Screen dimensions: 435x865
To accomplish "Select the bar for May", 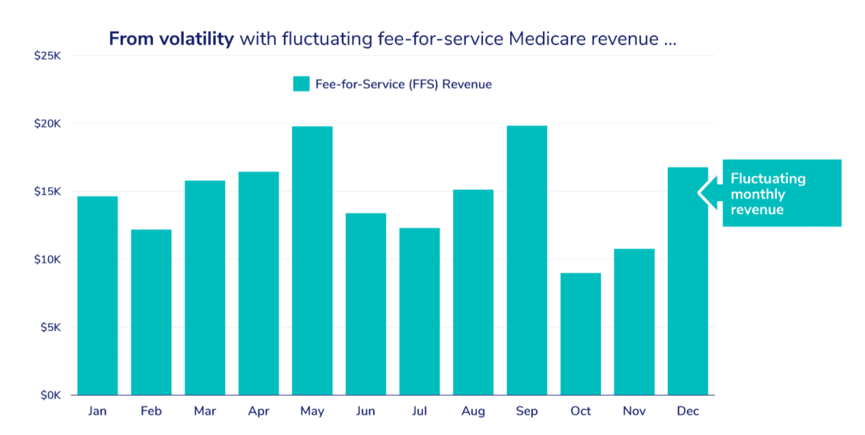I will click(x=312, y=260).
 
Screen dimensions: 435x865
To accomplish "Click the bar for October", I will click(x=580, y=334).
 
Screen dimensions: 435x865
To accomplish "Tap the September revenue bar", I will click(x=527, y=260).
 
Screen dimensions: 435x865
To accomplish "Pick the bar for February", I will click(x=151, y=312).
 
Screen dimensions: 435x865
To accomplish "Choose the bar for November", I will click(x=634, y=322).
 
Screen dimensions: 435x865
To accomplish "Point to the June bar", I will click(x=366, y=304).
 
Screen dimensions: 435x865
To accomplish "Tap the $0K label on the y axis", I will click(x=50, y=395).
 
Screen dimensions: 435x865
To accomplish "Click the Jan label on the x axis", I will click(x=97, y=411).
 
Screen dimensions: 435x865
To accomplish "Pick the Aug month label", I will click(x=473, y=411).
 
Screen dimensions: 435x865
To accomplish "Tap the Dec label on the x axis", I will click(x=688, y=411).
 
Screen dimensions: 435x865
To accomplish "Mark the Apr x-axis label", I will click(x=258, y=411).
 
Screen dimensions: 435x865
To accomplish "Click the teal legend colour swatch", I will click(x=301, y=84).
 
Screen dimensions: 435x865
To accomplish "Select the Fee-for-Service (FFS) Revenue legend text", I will click(x=403, y=84).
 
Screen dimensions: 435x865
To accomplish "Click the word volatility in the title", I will click(x=197, y=39).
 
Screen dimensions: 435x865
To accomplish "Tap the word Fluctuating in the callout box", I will click(x=767, y=178).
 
